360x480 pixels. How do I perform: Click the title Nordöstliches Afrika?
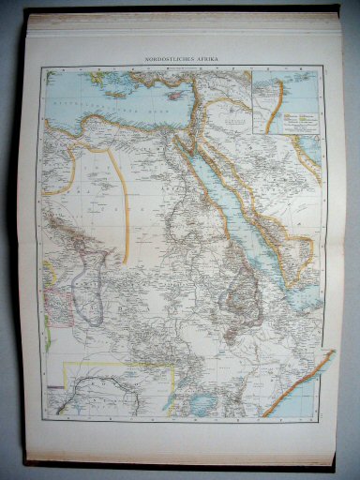point(182,59)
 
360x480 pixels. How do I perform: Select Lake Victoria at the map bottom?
point(202,401)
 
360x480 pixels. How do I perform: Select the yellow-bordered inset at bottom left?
point(111,388)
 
